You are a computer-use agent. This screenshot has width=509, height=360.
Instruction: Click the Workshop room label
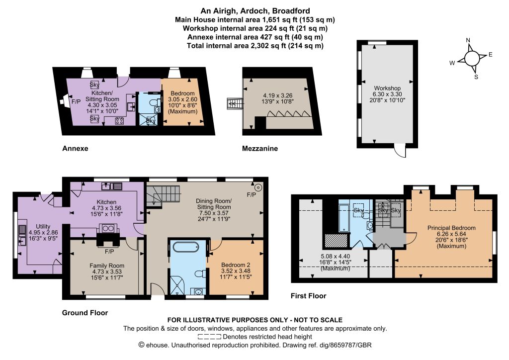[x=387, y=88]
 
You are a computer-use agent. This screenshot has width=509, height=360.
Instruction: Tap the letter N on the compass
[x=468, y=40]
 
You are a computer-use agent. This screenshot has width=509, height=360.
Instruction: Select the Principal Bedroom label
[x=451, y=228]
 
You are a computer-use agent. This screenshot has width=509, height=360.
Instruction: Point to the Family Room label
[x=107, y=266]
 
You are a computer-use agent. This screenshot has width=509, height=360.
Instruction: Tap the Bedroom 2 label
[x=236, y=265]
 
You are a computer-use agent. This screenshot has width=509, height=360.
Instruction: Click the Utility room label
[x=43, y=226]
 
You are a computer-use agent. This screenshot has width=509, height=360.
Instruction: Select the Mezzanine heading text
[x=259, y=149]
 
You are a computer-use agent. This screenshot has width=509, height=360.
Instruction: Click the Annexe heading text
[x=75, y=148]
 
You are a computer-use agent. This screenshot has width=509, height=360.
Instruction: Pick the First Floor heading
[x=308, y=296]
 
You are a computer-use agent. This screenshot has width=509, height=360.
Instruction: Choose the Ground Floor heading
[x=85, y=313]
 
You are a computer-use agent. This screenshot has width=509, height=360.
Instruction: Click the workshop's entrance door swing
[x=400, y=151]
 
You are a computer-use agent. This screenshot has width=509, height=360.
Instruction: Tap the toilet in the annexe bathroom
[x=154, y=102]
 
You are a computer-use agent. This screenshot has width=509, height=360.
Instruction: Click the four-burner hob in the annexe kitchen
[x=119, y=121]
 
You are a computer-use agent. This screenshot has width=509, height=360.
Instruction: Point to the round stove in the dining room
[x=258, y=187]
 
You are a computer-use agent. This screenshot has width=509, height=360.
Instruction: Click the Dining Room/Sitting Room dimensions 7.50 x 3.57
[x=214, y=213]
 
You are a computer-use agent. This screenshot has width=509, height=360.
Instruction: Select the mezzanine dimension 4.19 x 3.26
[x=277, y=95]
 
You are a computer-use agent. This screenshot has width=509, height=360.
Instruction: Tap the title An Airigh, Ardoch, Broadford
[x=255, y=11]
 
